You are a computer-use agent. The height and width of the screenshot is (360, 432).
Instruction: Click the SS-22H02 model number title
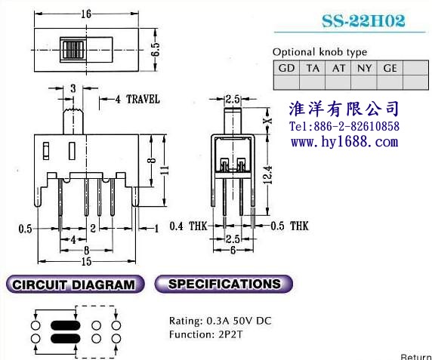tap(363, 20)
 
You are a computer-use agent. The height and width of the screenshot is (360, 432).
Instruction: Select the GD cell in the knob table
tap(286, 68)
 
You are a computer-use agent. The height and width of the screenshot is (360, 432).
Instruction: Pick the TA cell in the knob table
tap(313, 68)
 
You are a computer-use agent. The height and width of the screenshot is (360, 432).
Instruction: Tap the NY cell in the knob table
tap(364, 68)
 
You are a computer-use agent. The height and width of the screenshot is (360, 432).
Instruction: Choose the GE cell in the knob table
tap(390, 68)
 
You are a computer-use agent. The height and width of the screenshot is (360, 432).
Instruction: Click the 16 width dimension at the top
tap(86, 14)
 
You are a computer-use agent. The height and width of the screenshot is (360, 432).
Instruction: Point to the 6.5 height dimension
tap(156, 50)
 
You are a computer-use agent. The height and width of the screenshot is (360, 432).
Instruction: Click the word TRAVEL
tap(143, 99)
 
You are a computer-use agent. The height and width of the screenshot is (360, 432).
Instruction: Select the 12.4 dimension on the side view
tap(268, 174)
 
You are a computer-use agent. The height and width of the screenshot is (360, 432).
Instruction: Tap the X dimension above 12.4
tap(268, 121)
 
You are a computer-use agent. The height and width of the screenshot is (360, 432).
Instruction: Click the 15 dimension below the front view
tap(86, 261)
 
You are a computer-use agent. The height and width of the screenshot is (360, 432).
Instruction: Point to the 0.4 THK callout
tap(189, 226)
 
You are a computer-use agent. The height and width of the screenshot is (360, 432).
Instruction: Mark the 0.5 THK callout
tap(289, 226)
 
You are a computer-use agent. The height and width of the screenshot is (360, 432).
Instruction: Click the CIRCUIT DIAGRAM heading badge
tap(76, 285)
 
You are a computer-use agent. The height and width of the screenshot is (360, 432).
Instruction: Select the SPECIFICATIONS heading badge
tap(224, 284)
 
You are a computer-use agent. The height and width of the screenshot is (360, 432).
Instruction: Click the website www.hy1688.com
tap(344, 142)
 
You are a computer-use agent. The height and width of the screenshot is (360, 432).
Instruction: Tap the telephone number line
tap(344, 126)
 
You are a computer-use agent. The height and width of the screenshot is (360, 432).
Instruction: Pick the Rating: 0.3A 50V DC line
tap(220, 321)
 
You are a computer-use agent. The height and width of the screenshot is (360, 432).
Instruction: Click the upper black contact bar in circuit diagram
tap(65, 325)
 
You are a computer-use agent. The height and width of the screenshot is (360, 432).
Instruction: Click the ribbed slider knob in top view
tap(73, 50)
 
